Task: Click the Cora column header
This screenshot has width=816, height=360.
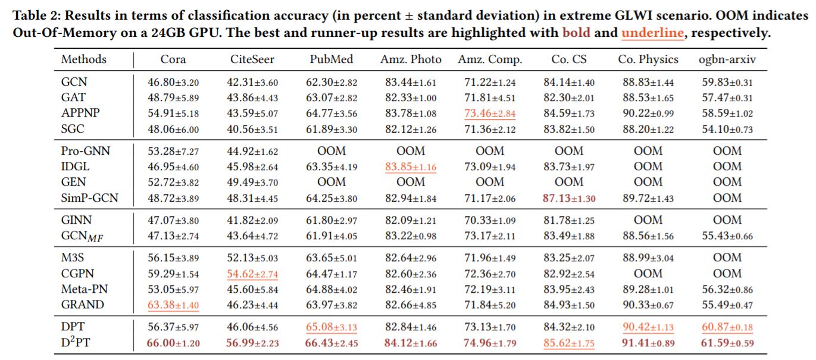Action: click(173, 60)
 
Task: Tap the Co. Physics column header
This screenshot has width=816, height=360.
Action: click(648, 60)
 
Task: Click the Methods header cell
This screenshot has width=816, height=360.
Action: click(84, 60)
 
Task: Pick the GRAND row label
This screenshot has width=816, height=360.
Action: click(82, 305)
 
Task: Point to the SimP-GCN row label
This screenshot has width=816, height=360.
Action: click(89, 198)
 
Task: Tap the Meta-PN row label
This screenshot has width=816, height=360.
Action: click(85, 289)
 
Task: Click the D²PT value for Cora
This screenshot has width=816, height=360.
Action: click(173, 343)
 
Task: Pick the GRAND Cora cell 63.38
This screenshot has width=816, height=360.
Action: click(173, 305)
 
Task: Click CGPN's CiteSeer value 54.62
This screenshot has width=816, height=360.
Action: click(252, 274)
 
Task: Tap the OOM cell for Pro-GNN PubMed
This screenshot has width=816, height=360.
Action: click(332, 151)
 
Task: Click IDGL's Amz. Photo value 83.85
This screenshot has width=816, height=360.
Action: click(411, 167)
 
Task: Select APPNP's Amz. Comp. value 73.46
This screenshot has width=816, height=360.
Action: click(490, 113)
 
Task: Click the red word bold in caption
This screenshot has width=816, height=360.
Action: click(576, 33)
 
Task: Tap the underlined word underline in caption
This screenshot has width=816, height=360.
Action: click(652, 33)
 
